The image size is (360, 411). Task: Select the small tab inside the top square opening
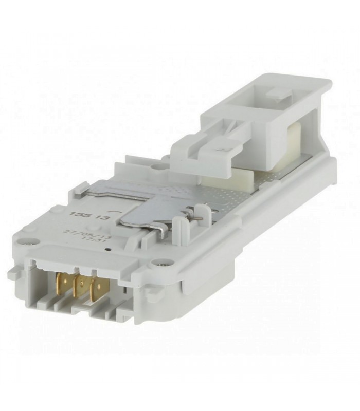tap(278, 94)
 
